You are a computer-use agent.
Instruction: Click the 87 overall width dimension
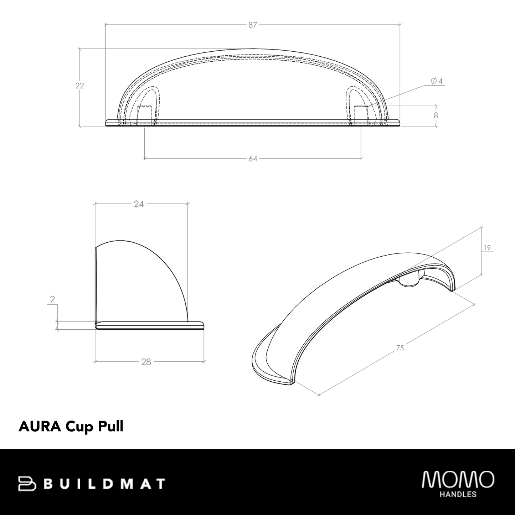click(x=253, y=25)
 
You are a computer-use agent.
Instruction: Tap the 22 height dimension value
click(x=79, y=86)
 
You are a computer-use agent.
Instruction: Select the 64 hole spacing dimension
click(x=253, y=159)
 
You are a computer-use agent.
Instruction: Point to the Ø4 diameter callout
click(x=436, y=81)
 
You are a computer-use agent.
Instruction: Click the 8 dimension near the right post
click(x=436, y=116)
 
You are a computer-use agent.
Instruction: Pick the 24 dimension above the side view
click(x=139, y=204)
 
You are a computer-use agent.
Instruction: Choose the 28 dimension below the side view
click(x=146, y=362)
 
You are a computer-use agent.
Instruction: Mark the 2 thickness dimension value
click(x=53, y=299)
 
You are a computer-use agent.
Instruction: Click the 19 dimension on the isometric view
click(x=488, y=248)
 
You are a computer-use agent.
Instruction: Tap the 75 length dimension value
click(x=400, y=347)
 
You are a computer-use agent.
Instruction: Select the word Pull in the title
click(x=110, y=426)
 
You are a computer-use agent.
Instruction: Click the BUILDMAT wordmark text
click(x=105, y=484)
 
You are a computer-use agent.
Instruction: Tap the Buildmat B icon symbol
click(x=27, y=483)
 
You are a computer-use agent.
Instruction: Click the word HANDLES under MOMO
click(x=458, y=495)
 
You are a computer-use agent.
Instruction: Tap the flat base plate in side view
click(x=150, y=325)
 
